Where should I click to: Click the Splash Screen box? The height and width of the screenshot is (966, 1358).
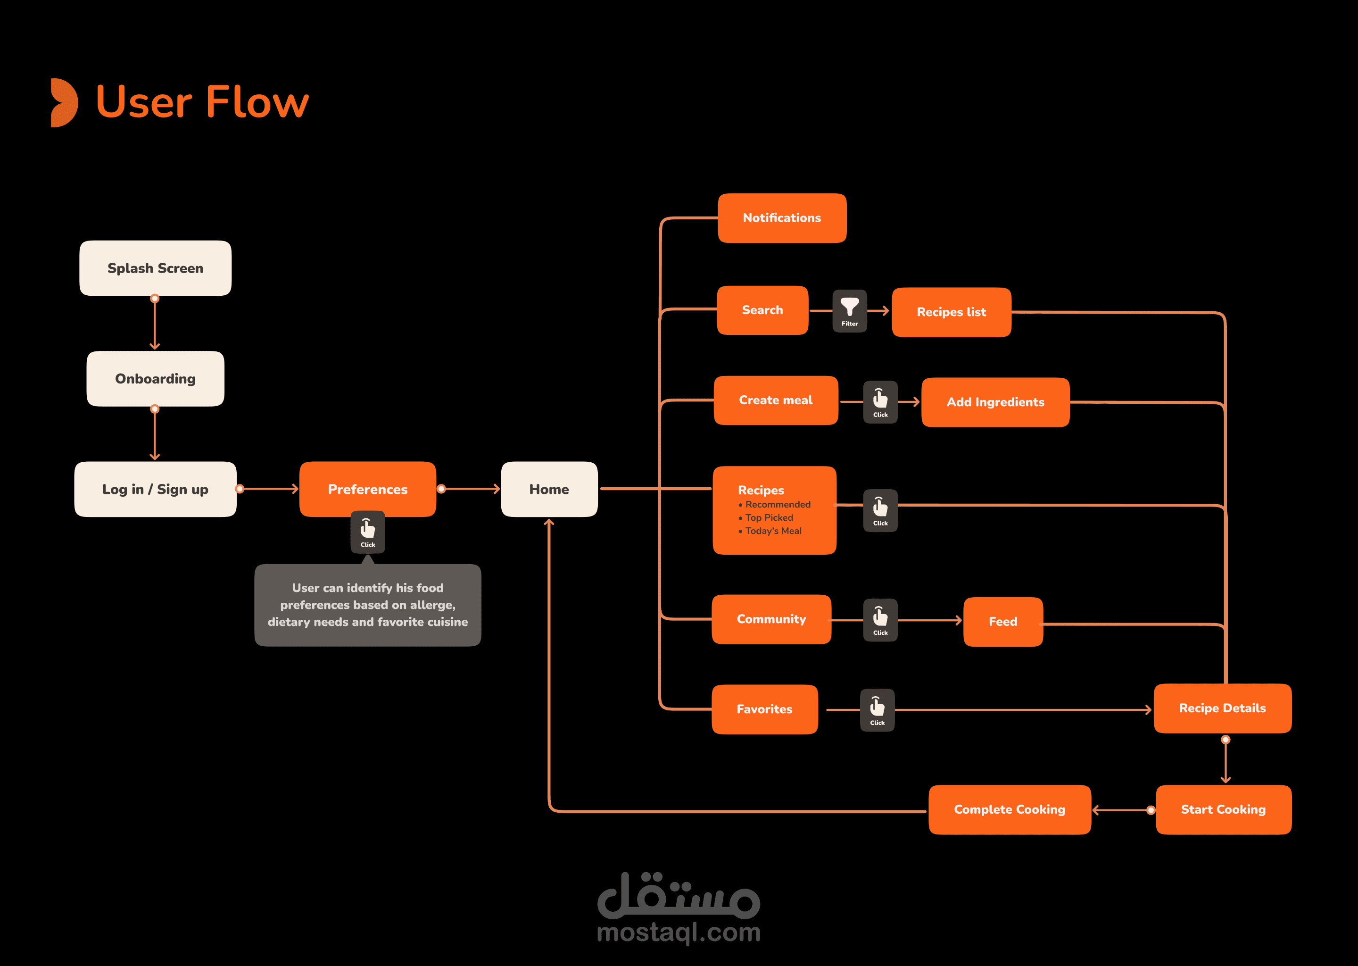coord(155,268)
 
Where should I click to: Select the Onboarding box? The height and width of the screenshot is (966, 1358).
coord(155,379)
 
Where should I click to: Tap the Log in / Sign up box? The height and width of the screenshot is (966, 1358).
coord(155,489)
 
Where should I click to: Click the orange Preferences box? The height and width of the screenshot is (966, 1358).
coord(367,489)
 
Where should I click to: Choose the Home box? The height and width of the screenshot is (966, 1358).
coord(549,489)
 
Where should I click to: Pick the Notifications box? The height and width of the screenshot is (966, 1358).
coord(782,218)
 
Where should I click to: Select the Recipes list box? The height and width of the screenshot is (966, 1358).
coord(952,312)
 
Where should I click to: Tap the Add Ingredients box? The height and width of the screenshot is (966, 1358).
coord(995,402)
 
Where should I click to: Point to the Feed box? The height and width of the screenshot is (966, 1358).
coord(1002,622)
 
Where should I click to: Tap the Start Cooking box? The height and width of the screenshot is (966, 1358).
coord(1223,809)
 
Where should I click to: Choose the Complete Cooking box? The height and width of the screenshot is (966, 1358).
coord(1009,809)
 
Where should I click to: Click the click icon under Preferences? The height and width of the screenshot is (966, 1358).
coord(367,532)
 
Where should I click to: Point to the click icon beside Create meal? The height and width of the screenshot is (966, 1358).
coord(880,401)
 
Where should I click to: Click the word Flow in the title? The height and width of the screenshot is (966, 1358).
coord(257,102)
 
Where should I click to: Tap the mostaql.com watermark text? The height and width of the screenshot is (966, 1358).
coord(679,932)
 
